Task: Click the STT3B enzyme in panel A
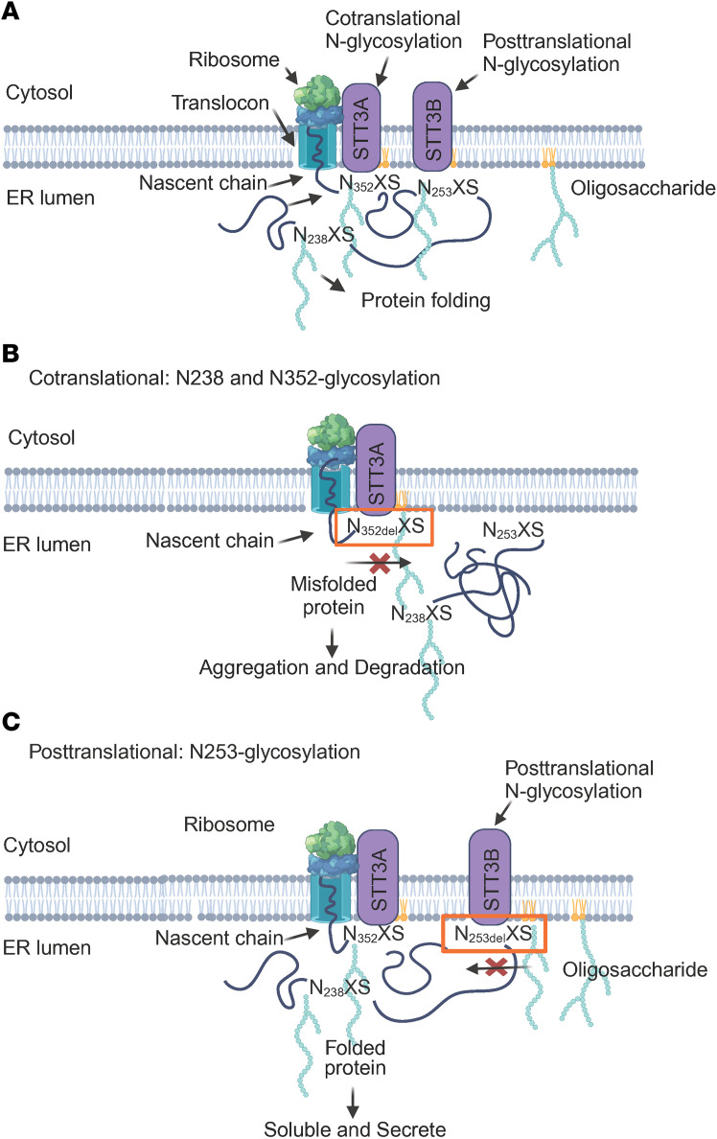(433, 126)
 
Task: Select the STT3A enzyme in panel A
(361, 126)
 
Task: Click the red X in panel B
(380, 562)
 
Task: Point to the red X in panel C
(497, 966)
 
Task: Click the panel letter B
(11, 354)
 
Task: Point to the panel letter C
(11, 721)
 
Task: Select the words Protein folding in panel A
(426, 300)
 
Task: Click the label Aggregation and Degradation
(332, 667)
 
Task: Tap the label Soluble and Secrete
(355, 1128)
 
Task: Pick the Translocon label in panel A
(220, 104)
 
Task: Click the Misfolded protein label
(334, 595)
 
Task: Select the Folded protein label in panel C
(356, 1058)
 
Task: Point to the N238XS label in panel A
(324, 235)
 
